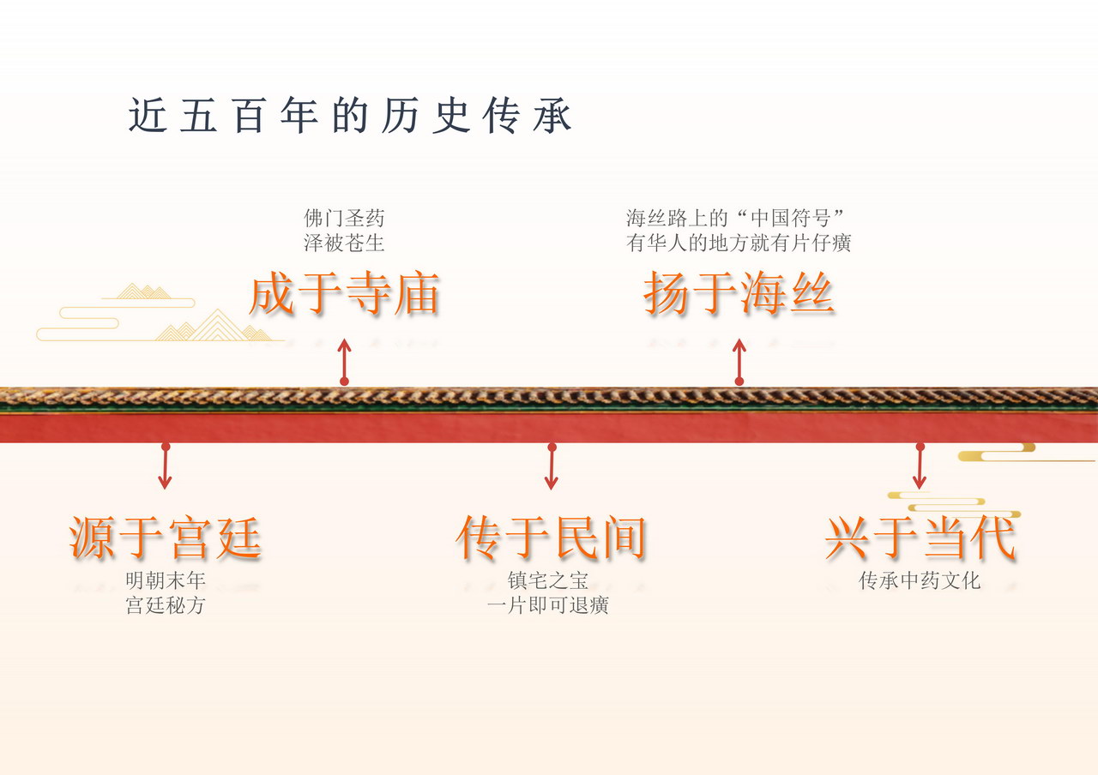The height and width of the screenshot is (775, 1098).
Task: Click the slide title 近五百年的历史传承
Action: click(x=350, y=117)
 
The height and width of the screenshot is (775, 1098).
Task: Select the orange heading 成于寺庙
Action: click(x=344, y=295)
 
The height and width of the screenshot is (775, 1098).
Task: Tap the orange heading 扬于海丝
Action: click(x=739, y=295)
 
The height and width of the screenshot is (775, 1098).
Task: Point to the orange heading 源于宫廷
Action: click(x=166, y=538)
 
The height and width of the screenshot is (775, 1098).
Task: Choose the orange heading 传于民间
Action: click(x=551, y=538)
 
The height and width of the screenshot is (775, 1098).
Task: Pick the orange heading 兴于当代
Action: click(x=920, y=538)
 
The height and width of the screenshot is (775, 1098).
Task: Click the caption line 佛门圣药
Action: click(x=344, y=219)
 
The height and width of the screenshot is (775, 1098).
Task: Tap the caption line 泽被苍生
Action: click(x=344, y=243)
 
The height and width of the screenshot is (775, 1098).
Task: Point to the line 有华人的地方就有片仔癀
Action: click(x=739, y=243)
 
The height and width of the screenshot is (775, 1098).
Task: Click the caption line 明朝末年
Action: click(x=166, y=581)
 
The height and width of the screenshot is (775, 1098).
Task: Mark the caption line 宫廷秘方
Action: click(x=166, y=606)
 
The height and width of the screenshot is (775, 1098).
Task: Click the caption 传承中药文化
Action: click(x=920, y=581)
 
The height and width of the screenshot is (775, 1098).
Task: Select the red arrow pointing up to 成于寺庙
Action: click(x=344, y=360)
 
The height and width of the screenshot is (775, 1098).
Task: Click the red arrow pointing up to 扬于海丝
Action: click(x=739, y=360)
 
